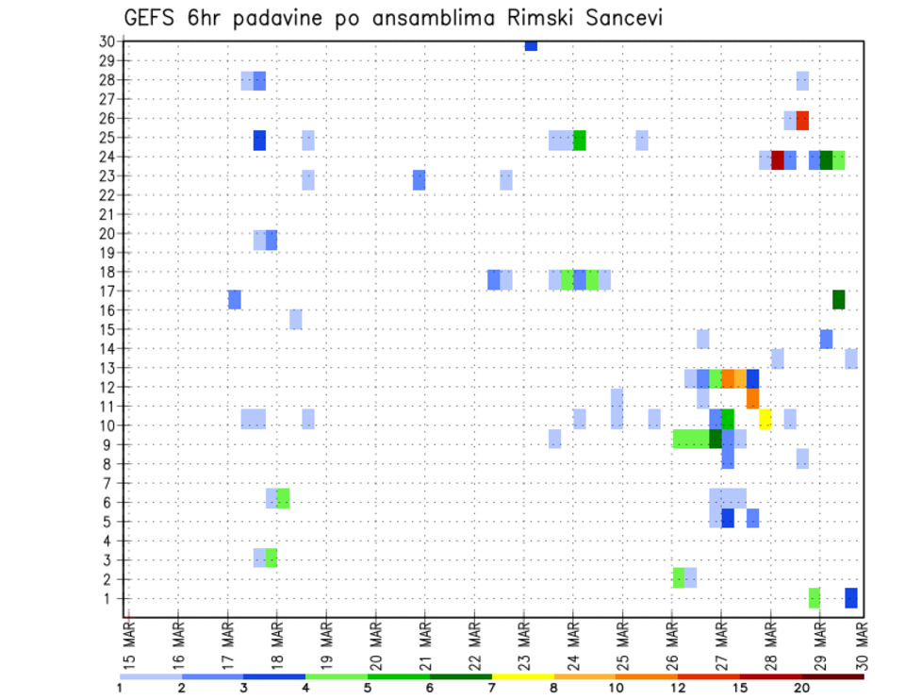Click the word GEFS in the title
151,19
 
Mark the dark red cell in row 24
778,160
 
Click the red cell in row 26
802,121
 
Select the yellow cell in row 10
765,419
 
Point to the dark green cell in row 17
838,299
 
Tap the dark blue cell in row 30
531,45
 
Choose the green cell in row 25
580,141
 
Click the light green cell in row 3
271,558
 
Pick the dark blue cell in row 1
851,598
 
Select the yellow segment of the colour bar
523,676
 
